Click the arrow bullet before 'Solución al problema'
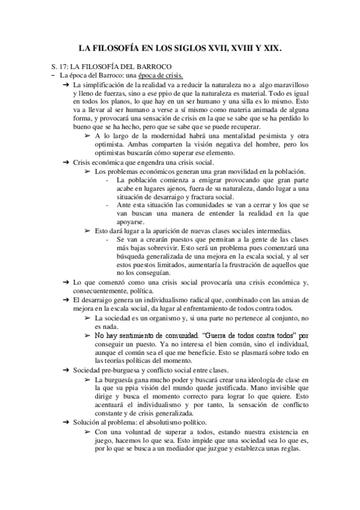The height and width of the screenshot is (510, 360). (x=66, y=422)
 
